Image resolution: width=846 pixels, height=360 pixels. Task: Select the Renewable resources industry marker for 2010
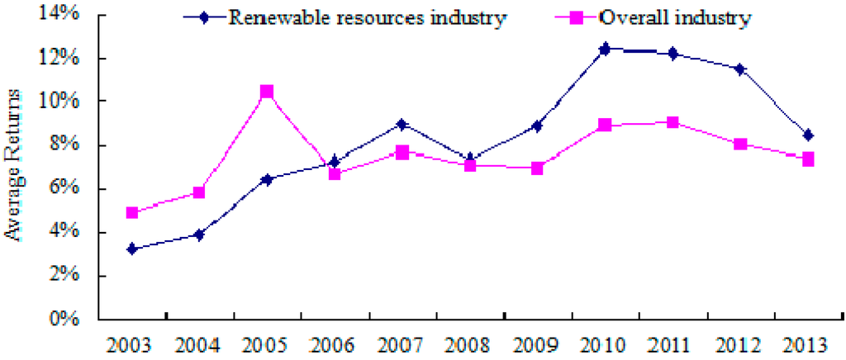tap(605, 50)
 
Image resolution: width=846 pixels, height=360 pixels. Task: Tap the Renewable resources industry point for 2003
tap(132, 249)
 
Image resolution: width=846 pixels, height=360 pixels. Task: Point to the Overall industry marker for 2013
tap(807, 159)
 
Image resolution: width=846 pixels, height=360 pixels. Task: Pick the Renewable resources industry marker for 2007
tap(402, 125)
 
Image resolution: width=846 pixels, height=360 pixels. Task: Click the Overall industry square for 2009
tap(537, 168)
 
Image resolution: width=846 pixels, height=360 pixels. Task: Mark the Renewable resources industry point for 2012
tap(739, 69)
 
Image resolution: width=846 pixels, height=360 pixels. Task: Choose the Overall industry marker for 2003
tap(132, 213)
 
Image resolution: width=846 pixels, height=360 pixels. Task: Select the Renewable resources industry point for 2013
tap(807, 135)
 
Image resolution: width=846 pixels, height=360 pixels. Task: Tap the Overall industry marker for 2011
tap(672, 123)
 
